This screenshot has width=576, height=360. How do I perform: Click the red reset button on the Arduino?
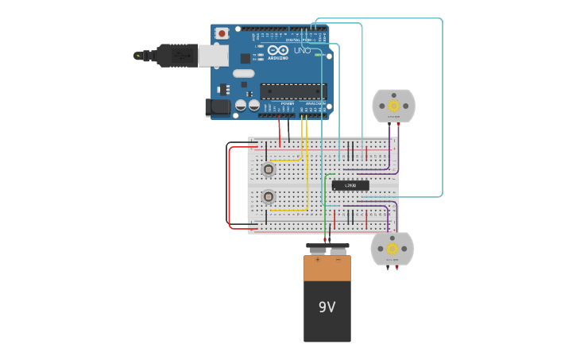coord(222,33)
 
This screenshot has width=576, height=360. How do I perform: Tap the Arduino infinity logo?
coord(278,50)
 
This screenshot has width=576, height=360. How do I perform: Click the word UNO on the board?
coord(302,50)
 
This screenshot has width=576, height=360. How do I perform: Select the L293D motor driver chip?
coord(350,185)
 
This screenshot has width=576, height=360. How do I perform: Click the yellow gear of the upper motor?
coord(393,106)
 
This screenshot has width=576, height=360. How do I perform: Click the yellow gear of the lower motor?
coord(392,248)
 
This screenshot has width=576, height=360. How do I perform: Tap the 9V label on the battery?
coord(327,307)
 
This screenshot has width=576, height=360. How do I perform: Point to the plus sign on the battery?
coord(318,259)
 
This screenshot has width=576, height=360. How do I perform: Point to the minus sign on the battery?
coord(338,259)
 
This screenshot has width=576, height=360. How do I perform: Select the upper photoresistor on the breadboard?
coord(269,169)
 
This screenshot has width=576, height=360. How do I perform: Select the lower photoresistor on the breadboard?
coord(269,196)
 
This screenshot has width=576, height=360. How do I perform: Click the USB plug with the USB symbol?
coord(176,56)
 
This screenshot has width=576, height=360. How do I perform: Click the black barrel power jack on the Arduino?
coord(217,107)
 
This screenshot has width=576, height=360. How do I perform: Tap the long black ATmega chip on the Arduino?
coord(292,91)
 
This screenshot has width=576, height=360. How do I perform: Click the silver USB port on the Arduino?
coord(213,56)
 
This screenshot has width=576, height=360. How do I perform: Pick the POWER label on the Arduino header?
coord(287,103)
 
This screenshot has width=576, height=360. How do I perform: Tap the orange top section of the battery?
coord(327,268)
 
